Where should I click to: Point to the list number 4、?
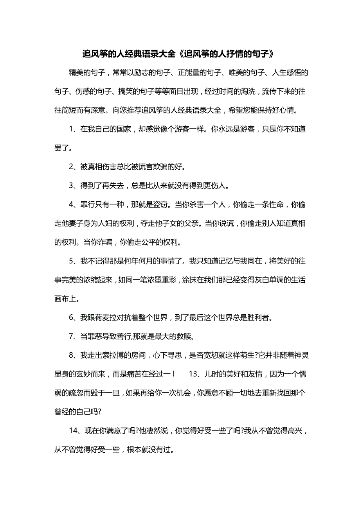74,204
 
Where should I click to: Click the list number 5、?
74,261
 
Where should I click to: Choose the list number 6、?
74,317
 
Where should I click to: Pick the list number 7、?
74,336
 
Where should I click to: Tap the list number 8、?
74,355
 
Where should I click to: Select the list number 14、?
76,430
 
